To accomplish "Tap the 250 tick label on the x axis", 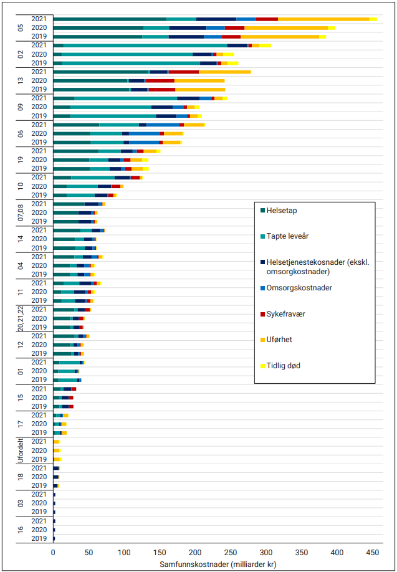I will [231, 552].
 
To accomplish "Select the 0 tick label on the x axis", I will [54, 552].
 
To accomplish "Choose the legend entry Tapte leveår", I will [289, 236].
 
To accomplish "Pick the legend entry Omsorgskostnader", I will [299, 288].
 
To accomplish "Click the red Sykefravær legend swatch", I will [263, 314].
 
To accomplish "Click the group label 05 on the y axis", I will [21, 28].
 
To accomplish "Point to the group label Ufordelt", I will [21, 450].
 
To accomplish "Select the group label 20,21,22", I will [21, 318].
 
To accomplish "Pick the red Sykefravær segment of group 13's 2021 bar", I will [183, 72].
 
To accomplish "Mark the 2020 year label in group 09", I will [39, 107].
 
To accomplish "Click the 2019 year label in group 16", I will [39, 538].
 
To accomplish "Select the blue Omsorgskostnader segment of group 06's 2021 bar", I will [163, 125].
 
